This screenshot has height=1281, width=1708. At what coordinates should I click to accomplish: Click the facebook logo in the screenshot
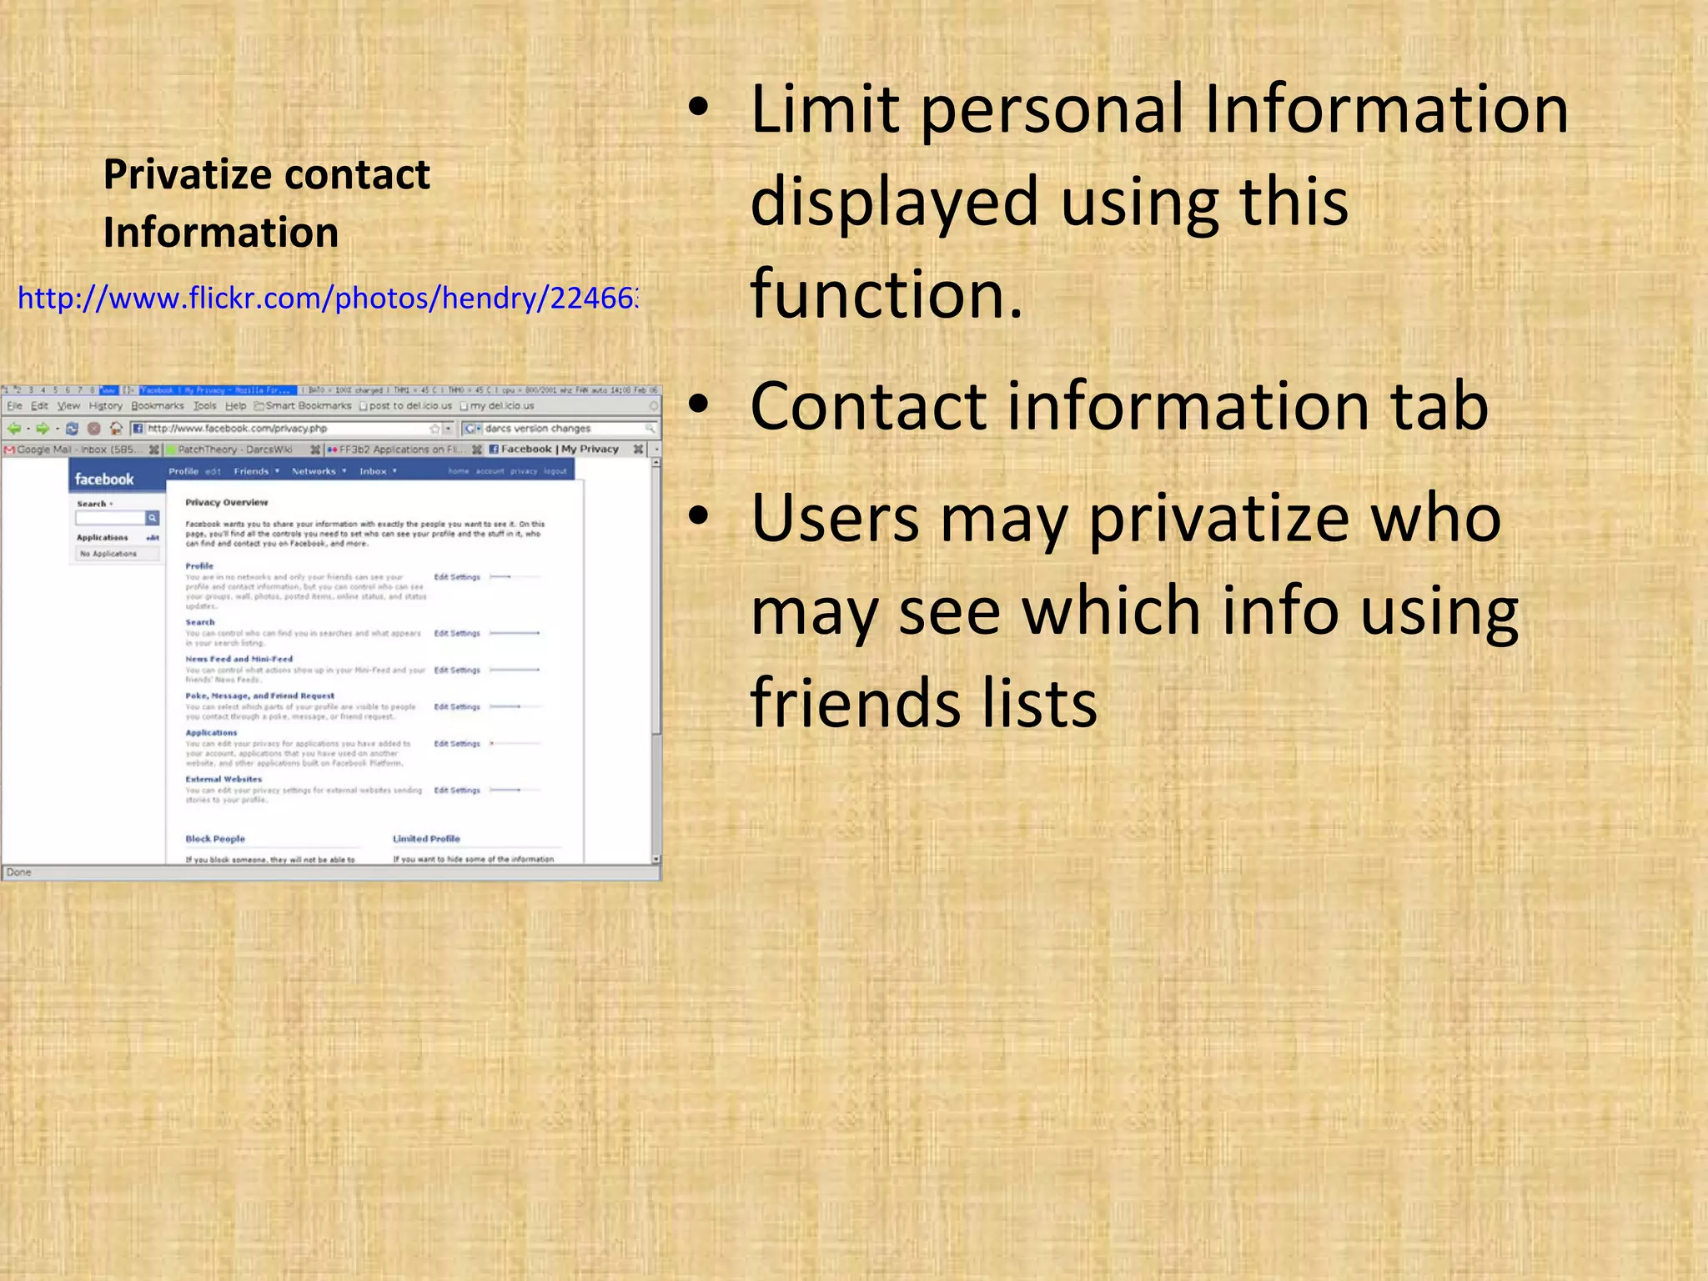(x=104, y=480)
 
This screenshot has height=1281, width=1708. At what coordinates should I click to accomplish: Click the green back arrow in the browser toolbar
(x=14, y=429)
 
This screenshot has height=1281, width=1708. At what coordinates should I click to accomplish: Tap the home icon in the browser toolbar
(x=116, y=429)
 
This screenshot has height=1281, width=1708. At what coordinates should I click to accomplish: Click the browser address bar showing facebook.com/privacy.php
(x=284, y=429)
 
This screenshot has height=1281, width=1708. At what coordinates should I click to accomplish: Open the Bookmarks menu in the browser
(x=158, y=406)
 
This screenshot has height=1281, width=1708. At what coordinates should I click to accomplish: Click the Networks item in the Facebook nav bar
(x=314, y=471)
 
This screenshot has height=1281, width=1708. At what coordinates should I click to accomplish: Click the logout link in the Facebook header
(x=555, y=471)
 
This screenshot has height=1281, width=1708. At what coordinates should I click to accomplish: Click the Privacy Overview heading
(x=226, y=502)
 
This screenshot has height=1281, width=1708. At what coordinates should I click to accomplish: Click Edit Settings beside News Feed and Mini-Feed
(x=457, y=670)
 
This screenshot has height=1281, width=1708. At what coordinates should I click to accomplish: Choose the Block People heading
(x=215, y=839)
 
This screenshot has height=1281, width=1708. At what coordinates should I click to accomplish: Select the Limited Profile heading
(x=426, y=839)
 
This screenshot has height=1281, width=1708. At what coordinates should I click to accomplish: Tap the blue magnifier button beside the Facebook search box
(x=153, y=518)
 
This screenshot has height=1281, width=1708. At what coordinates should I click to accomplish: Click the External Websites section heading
(x=224, y=779)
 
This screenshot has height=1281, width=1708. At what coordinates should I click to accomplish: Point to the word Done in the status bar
(x=18, y=872)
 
